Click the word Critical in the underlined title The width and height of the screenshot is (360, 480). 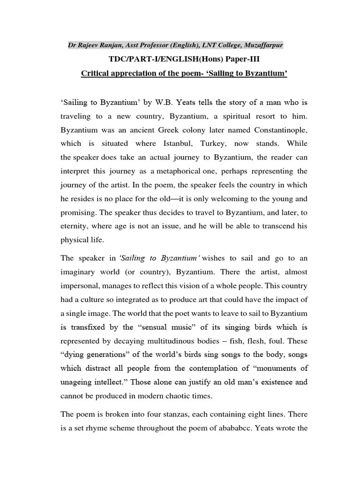[x=95, y=74]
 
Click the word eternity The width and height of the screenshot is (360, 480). [x=75, y=226]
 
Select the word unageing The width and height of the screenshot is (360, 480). [x=78, y=382]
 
